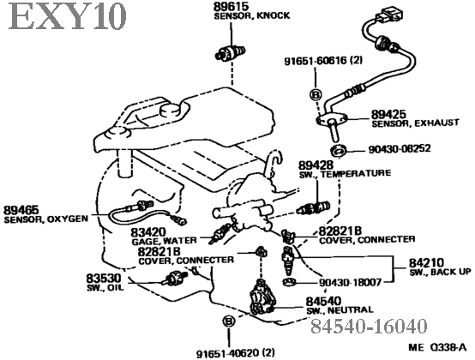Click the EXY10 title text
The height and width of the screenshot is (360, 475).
(67, 16)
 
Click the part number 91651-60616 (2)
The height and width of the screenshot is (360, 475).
(323, 61)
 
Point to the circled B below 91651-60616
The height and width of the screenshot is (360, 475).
(316, 95)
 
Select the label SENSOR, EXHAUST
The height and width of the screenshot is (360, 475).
(415, 123)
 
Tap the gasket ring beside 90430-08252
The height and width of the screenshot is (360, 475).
(339, 151)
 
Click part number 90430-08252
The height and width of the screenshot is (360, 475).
(400, 148)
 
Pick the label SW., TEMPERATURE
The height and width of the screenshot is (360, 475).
(345, 174)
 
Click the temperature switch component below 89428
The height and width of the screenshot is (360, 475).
(314, 207)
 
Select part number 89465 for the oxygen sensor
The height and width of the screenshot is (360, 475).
(21, 210)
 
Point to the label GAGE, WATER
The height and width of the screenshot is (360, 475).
(164, 241)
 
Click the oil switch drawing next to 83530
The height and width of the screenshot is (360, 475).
(174, 278)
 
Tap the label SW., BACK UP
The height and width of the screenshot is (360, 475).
(441, 272)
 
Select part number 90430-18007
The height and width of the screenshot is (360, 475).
(350, 283)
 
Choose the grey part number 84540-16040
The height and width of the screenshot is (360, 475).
(369, 326)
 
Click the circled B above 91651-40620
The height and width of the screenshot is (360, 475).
(228, 321)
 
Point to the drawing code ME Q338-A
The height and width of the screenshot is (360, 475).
(437, 347)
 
